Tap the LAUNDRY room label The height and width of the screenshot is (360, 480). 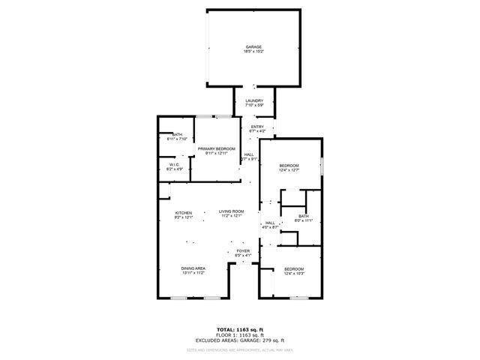tap(254, 100)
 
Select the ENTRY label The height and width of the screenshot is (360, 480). tap(257, 127)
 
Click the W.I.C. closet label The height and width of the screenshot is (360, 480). tap(172, 165)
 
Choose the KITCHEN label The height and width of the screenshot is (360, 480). tap(184, 213)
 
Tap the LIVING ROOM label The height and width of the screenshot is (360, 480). tap(232, 212)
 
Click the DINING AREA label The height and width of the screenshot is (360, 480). tap(193, 268)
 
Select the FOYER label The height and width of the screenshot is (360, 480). tap(243, 250)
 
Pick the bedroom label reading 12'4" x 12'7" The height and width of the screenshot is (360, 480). tap(289, 169)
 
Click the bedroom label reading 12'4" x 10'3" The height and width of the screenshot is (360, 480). tap(294, 271)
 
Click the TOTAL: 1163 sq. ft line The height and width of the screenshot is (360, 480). tap(240, 329)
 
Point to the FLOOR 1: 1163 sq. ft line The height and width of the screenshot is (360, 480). tap(240, 334)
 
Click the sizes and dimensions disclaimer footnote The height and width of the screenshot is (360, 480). tap(240, 349)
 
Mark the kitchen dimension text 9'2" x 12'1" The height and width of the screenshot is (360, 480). tap(184, 217)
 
